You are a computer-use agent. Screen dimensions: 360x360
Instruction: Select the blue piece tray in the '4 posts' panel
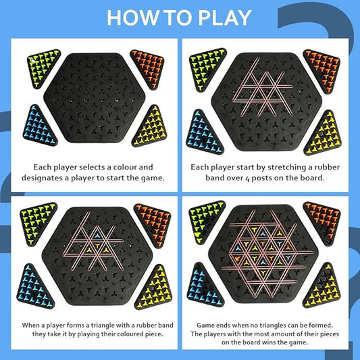(x=201, y=128)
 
